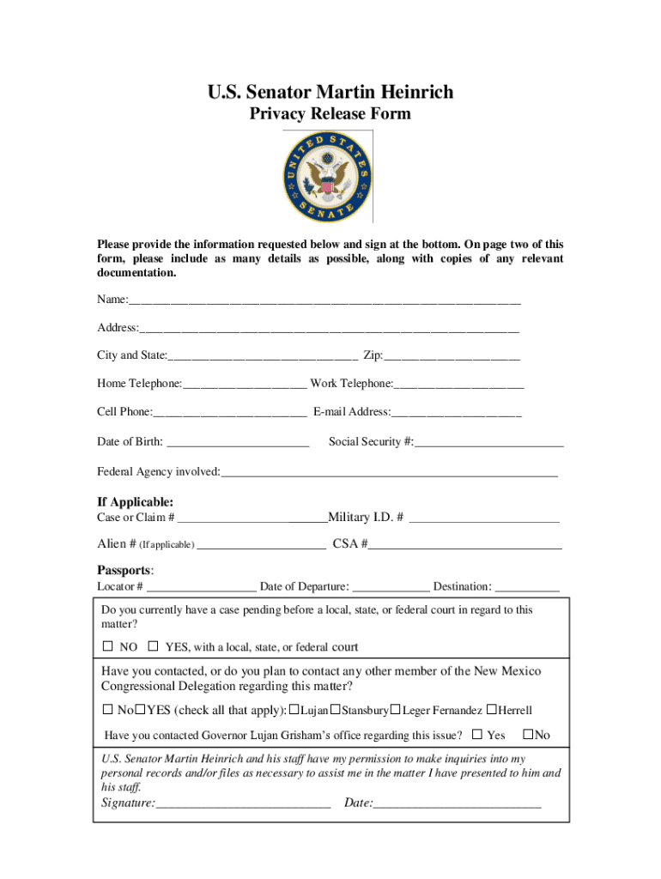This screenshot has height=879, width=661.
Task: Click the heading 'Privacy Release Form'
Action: pyautogui.click(x=330, y=114)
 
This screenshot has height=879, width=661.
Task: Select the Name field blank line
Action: pyautogui.click(x=324, y=300)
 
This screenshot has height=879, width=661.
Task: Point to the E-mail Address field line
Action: pyautogui.click(x=456, y=413)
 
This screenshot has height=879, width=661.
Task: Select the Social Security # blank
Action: pyautogui.click(x=488, y=443)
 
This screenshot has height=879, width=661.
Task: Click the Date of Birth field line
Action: pyautogui.click(x=238, y=443)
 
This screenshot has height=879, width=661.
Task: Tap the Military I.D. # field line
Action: pyautogui.click(x=485, y=518)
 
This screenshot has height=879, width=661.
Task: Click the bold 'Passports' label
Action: pyautogui.click(x=124, y=570)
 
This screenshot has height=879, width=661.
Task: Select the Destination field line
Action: pyautogui.click(x=527, y=588)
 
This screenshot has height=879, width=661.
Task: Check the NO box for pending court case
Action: pyautogui.click(x=108, y=646)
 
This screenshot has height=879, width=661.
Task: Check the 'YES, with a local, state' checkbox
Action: pyautogui.click(x=153, y=646)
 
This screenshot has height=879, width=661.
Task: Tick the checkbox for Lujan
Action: pyautogui.click(x=294, y=709)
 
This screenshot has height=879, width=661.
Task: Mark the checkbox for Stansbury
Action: pyautogui.click(x=337, y=709)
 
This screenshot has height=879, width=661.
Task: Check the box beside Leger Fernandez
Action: pyautogui.click(x=396, y=709)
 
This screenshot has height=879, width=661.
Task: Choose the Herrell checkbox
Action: pyautogui.click(x=491, y=709)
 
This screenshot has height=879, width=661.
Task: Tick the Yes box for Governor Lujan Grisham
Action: pyautogui.click(x=477, y=734)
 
